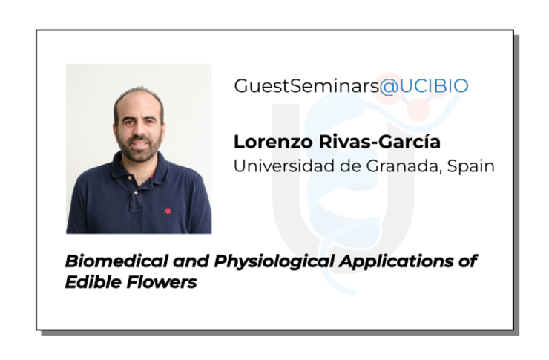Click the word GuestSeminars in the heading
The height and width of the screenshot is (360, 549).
pyautogui.click(x=306, y=86)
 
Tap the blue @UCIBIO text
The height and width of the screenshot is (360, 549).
pyautogui.click(x=424, y=86)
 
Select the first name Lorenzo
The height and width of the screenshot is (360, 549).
pyautogui.click(x=273, y=142)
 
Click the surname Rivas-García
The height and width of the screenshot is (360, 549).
pyautogui.click(x=380, y=142)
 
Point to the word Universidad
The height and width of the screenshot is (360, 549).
pyautogui.click(x=284, y=166)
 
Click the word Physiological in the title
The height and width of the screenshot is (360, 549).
pyautogui.click(x=274, y=262)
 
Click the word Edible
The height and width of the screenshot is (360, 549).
pyautogui.click(x=93, y=282)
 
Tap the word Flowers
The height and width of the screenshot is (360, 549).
pyautogui.click(x=162, y=282)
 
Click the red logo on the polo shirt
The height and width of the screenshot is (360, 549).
pyautogui.click(x=168, y=211)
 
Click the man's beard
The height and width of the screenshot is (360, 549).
pyautogui.click(x=139, y=149)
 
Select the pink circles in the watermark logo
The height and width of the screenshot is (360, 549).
pyautogui.click(x=418, y=97)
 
